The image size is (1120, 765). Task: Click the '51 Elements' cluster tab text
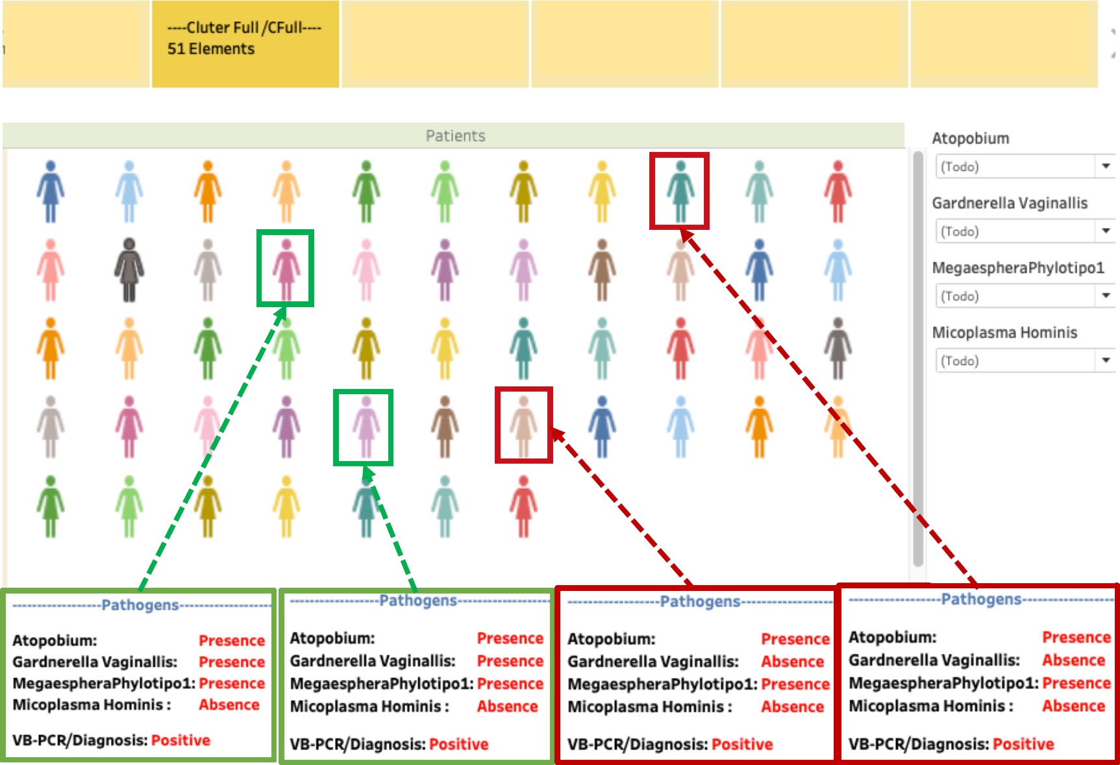211,49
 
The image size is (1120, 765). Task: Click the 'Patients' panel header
455,136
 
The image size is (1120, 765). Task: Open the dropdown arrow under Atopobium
1105,166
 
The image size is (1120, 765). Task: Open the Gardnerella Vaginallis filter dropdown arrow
1105,231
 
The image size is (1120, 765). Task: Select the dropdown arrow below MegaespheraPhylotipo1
1105,295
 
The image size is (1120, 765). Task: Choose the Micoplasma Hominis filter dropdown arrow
1105,360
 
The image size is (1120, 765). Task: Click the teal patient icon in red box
680,192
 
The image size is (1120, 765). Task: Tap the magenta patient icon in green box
286,268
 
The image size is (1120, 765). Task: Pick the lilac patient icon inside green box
366,427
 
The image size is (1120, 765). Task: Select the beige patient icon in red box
523,426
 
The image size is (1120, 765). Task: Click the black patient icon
129,269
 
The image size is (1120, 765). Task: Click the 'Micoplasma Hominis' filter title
1004,332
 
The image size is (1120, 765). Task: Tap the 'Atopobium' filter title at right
970,138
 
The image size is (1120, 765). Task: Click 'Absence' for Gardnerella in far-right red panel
1073,660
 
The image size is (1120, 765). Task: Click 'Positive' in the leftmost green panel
180,740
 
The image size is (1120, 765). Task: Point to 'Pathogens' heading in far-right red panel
981,599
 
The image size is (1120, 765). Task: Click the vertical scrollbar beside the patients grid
917,357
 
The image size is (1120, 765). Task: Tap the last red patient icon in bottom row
523,507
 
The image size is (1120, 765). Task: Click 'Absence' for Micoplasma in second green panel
507,707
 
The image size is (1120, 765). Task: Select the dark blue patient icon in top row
51,192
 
